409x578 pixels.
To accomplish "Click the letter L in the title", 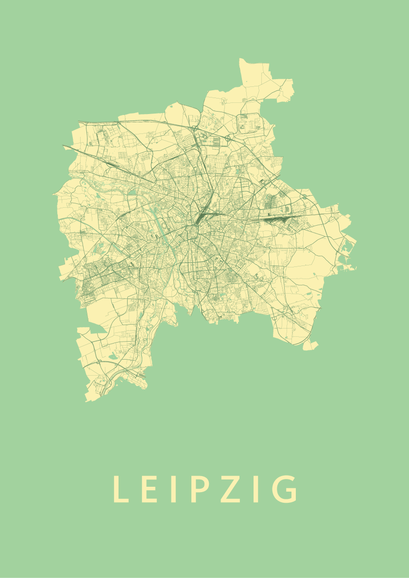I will [119, 489].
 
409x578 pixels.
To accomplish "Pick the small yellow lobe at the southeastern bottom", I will [310, 345].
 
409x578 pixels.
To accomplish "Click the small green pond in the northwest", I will [97, 196].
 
